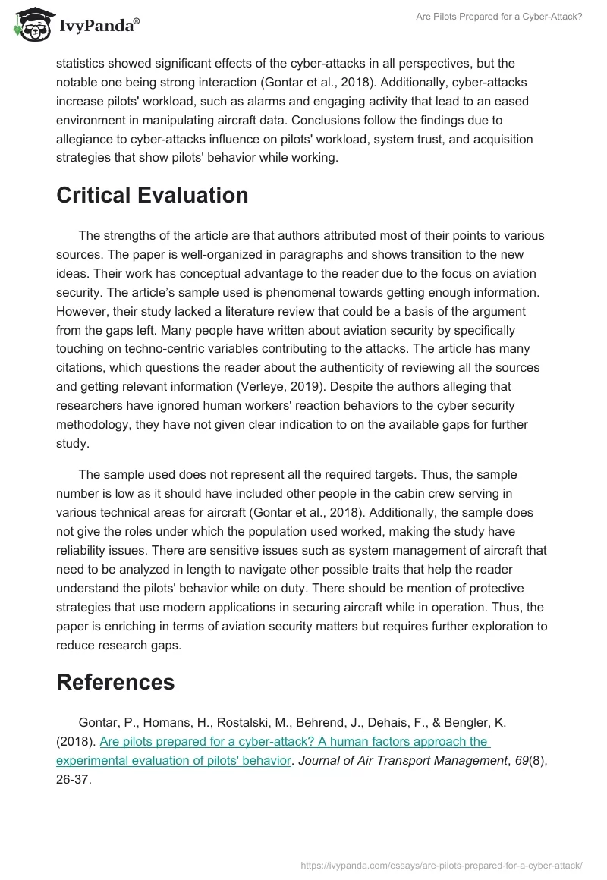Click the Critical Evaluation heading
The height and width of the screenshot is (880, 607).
point(153,195)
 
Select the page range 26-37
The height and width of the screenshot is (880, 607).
point(74,779)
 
